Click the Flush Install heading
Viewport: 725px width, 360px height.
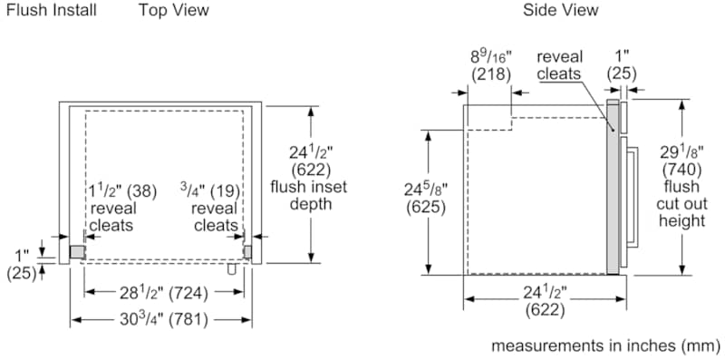pyautogui.click(x=52, y=10)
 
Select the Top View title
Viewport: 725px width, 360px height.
pyautogui.click(x=174, y=10)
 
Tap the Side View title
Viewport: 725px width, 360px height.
pyautogui.click(x=560, y=10)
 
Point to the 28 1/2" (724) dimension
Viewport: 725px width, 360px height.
pyautogui.click(x=164, y=293)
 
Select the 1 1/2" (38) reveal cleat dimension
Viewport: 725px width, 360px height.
pyautogui.click(x=122, y=190)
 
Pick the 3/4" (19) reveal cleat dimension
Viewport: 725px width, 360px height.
pyautogui.click(x=210, y=190)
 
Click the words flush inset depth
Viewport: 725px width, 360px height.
pyautogui.click(x=308, y=195)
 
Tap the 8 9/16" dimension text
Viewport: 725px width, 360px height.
pyautogui.click(x=491, y=58)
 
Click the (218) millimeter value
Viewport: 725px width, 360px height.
pyautogui.click(x=491, y=75)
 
